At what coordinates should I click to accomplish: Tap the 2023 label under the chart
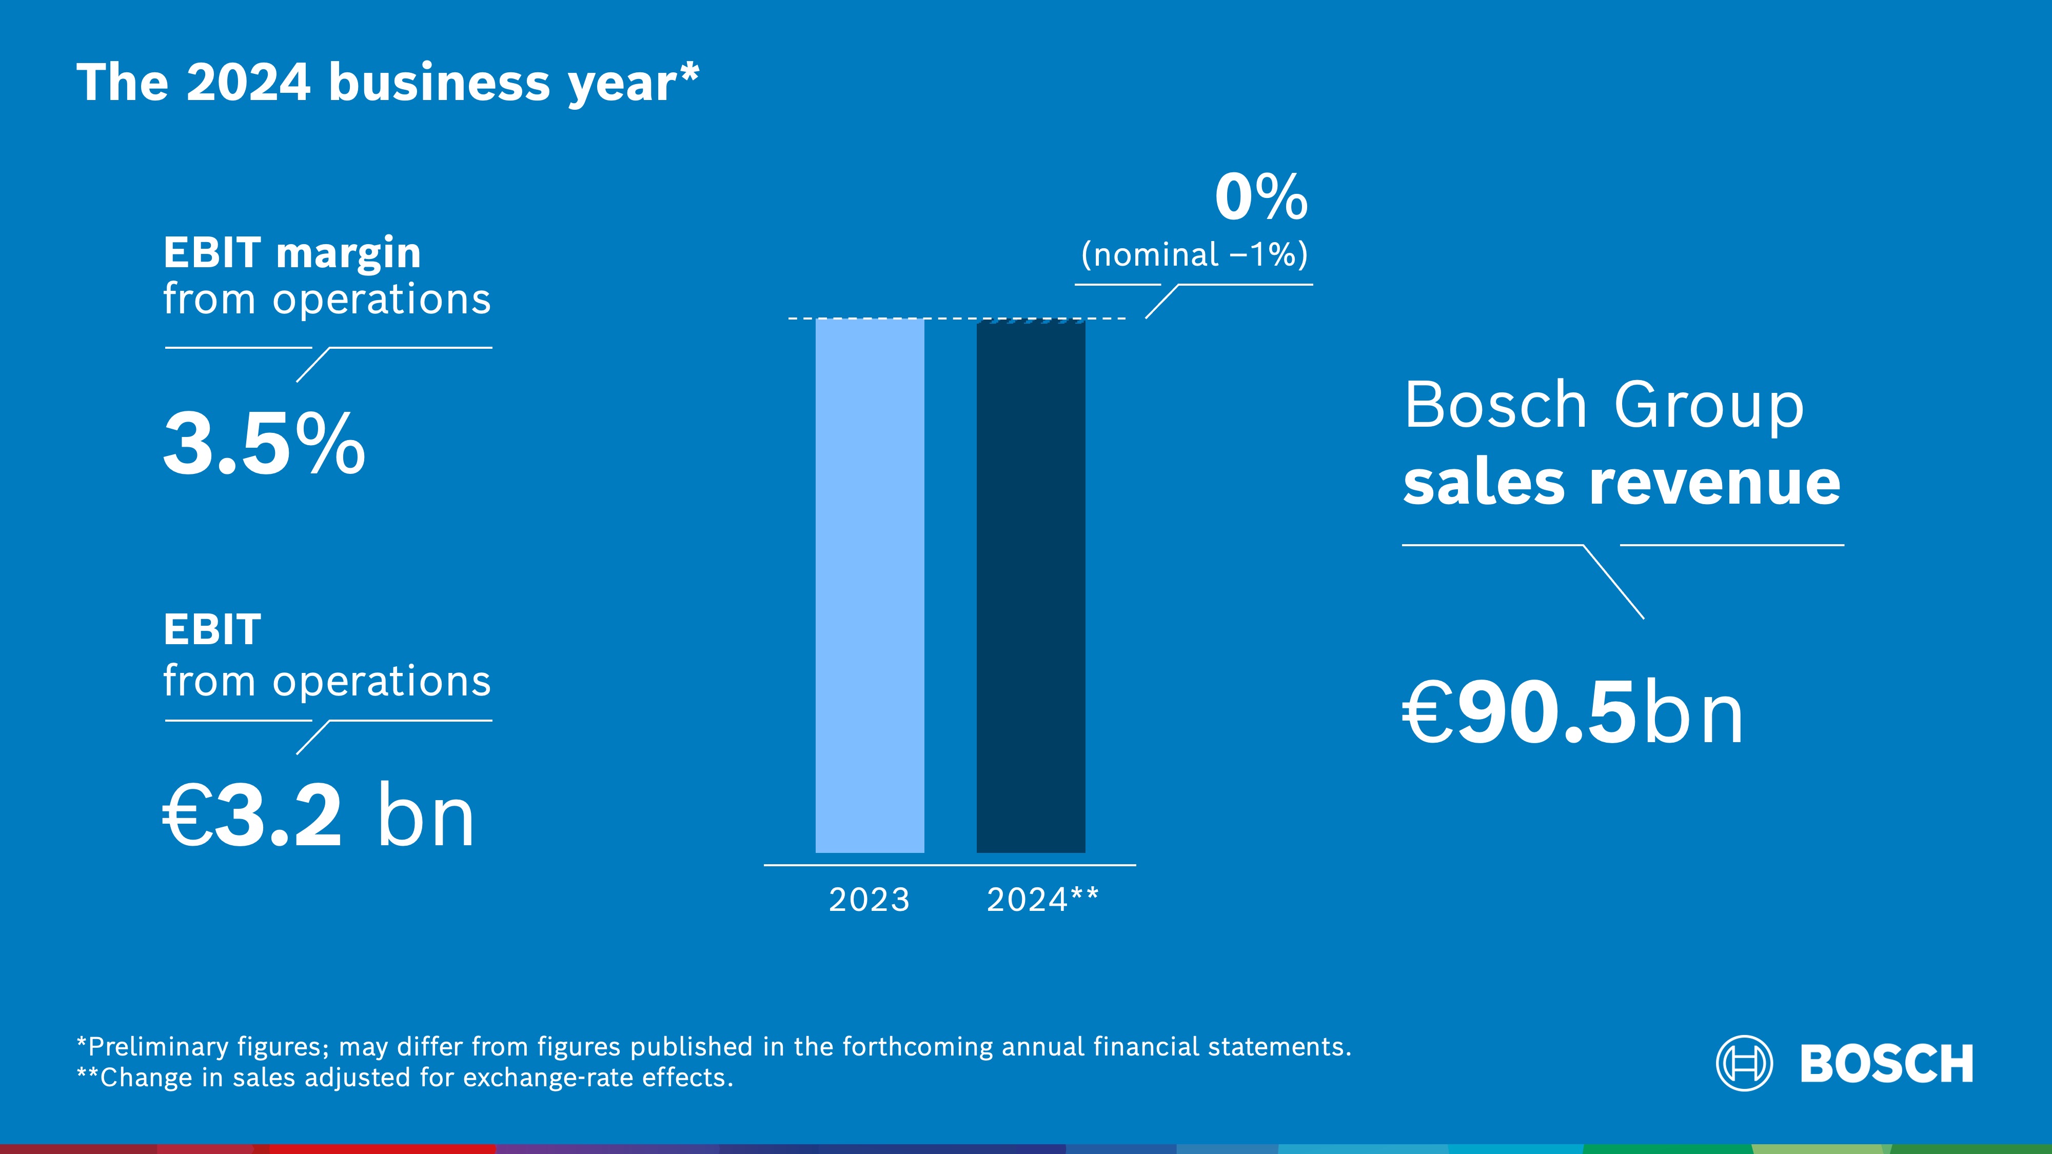pos(869,900)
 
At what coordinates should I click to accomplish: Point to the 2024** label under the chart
pos(1042,900)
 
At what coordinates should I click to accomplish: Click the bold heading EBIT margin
pos(291,253)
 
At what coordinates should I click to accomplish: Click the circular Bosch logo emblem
pos(1744,1063)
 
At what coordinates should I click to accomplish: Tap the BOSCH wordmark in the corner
pos(1886,1064)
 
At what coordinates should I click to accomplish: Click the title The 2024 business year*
pos(388,83)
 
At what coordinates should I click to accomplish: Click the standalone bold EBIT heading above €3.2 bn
pos(212,630)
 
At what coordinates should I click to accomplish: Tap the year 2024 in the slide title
pos(248,83)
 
